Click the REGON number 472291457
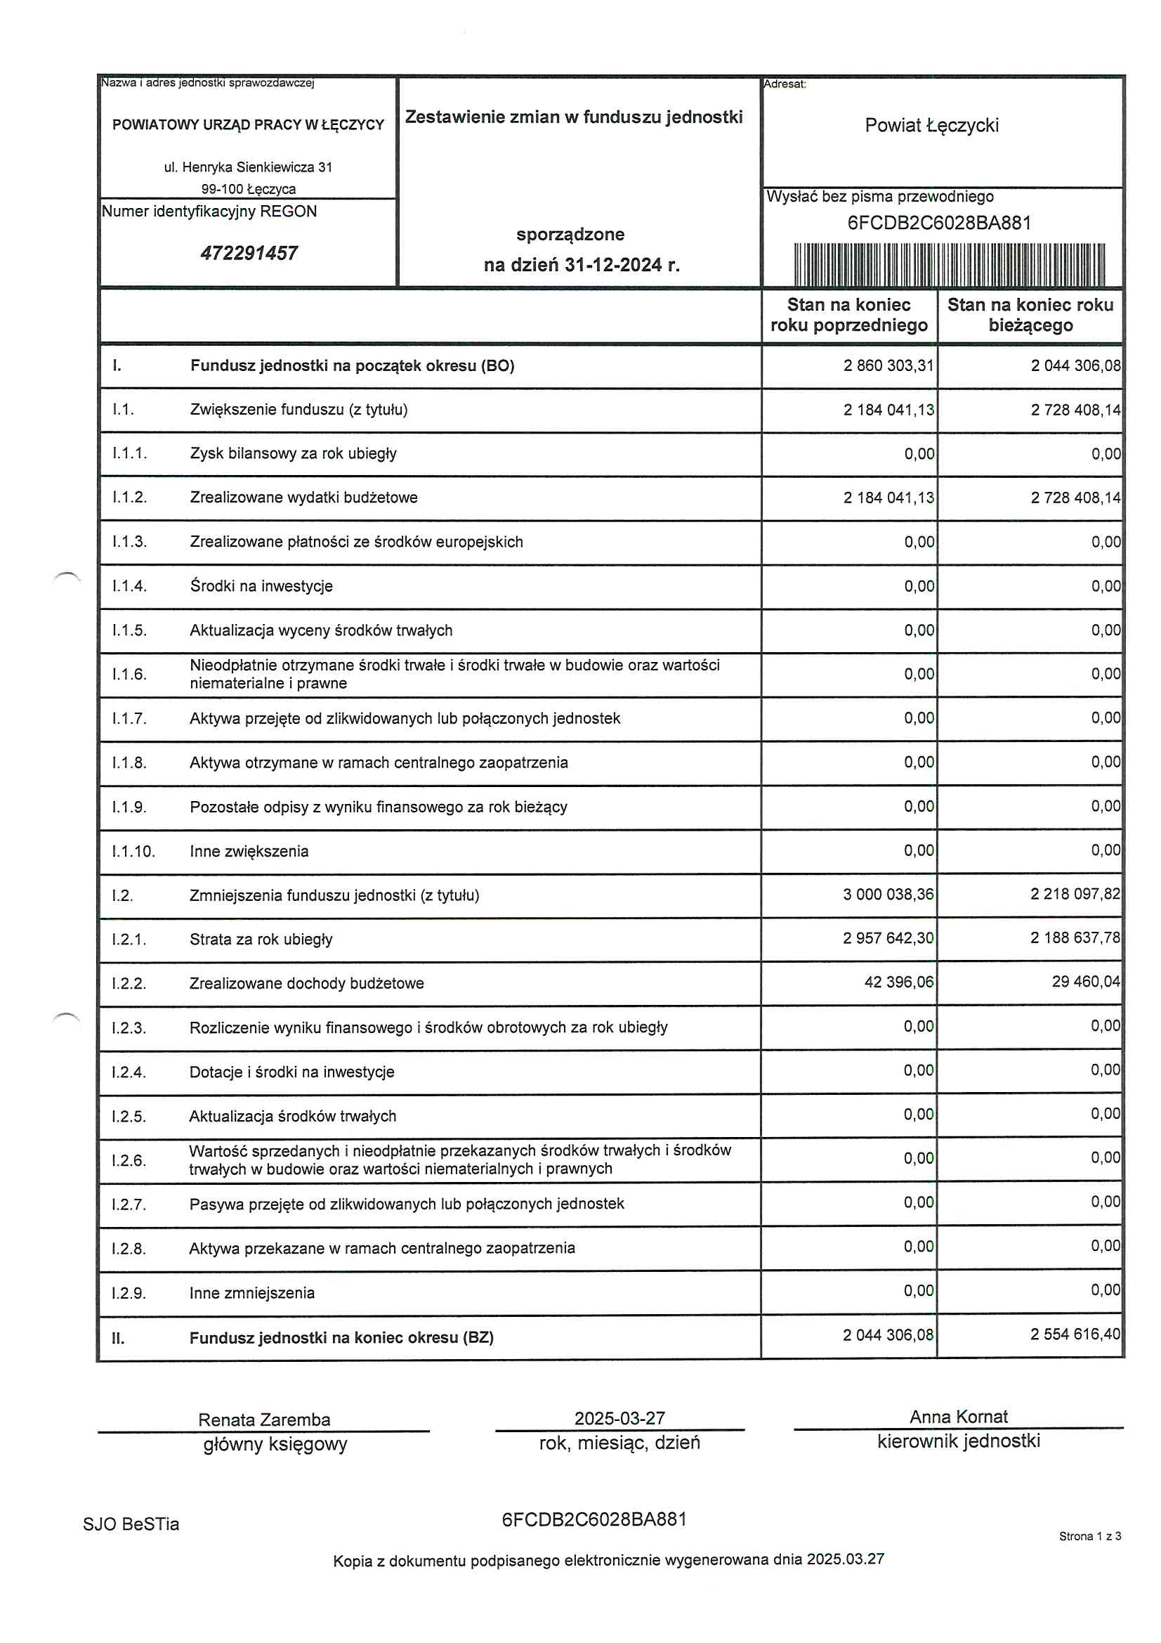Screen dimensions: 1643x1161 click(x=249, y=253)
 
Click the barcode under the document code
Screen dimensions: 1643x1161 click(x=950, y=264)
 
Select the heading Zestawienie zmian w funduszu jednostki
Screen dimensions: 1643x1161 click(x=574, y=117)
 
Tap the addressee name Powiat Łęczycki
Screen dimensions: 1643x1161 click(x=931, y=125)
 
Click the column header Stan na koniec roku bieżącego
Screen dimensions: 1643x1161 click(x=1030, y=315)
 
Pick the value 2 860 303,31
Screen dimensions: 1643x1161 click(x=888, y=365)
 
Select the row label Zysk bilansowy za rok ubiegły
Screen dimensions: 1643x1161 click(x=294, y=454)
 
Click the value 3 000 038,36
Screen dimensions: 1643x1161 click(x=888, y=895)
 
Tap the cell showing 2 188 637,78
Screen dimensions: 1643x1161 click(x=1075, y=938)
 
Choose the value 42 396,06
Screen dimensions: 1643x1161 click(x=898, y=982)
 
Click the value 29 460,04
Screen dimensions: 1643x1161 click(x=1085, y=982)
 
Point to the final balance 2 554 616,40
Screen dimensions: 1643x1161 click(x=1075, y=1334)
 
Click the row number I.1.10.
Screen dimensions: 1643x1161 click(x=133, y=852)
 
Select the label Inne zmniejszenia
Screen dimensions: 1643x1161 click(x=252, y=1293)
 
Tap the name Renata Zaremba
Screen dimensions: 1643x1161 click(x=264, y=1420)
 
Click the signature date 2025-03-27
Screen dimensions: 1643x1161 click(x=619, y=1418)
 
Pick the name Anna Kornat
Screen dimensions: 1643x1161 click(x=958, y=1417)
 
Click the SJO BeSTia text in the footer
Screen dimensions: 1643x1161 click(x=131, y=1524)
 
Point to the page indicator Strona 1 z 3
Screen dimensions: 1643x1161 click(x=1089, y=1536)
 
